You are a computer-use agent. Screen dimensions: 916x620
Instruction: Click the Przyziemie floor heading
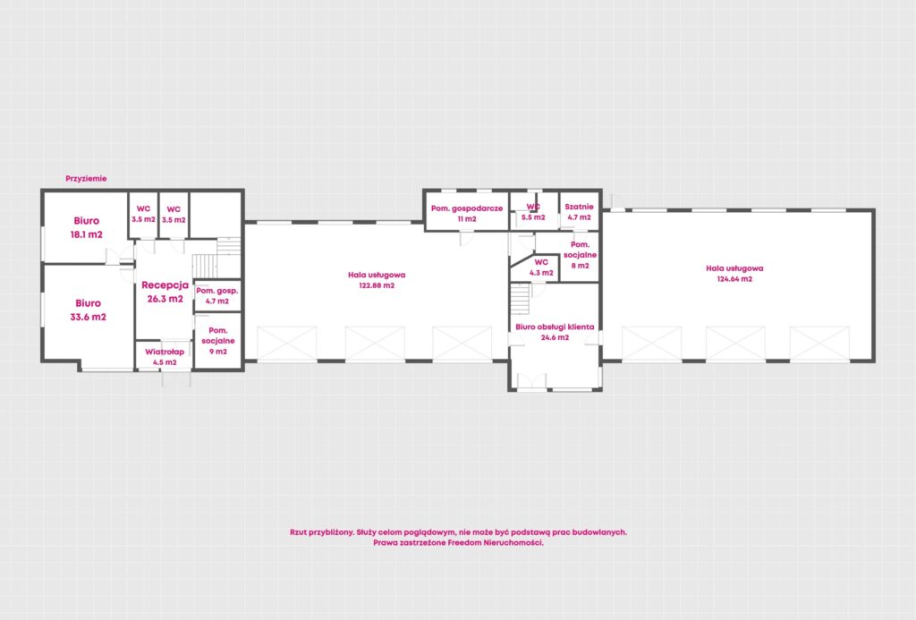86,179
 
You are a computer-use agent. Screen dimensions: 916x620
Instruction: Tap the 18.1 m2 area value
87,235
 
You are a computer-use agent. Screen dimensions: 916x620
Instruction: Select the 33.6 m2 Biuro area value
89,318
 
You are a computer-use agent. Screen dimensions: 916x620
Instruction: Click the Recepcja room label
165,285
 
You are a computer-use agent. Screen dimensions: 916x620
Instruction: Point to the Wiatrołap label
165,352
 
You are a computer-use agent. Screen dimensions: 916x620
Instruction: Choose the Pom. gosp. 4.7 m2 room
217,295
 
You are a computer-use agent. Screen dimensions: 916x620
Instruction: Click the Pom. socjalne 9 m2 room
218,341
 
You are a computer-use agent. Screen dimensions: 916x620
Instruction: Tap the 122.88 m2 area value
377,285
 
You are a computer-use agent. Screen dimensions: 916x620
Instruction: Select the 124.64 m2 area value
735,279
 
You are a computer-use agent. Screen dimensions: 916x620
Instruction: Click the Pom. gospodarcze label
467,208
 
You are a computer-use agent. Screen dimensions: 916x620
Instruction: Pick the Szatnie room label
579,207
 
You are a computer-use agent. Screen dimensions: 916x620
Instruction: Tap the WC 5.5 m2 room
533,211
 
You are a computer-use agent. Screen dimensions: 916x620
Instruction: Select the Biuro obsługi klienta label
555,327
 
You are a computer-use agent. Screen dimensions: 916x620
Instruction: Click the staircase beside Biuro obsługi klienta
520,299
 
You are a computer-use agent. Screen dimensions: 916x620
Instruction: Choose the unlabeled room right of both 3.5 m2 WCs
216,215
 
